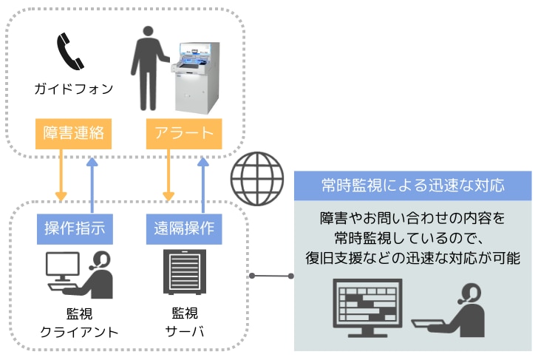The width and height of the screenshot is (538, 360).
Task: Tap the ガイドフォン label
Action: tap(74, 89)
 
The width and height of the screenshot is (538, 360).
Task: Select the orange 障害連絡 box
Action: tap(73, 134)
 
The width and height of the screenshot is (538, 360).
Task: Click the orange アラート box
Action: tap(184, 134)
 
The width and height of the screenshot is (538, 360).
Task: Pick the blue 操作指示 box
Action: tap(75, 228)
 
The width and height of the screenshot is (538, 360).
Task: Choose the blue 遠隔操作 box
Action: tap(184, 228)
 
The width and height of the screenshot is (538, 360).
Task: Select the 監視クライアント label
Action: tap(76, 322)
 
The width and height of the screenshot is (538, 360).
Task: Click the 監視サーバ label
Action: tap(184, 322)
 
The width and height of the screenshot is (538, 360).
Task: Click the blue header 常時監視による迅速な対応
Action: tap(412, 186)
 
